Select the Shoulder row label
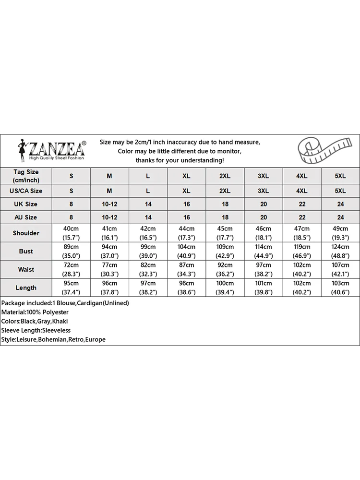[x=26, y=233]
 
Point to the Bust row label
[x=26, y=251]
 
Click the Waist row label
[x=26, y=269]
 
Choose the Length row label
[x=26, y=288]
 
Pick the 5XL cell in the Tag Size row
[x=340, y=176]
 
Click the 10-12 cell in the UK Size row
[x=109, y=204]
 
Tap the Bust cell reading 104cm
[x=186, y=247]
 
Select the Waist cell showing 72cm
[x=71, y=265]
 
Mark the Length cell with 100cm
[x=225, y=283]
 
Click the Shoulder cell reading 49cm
[x=340, y=228]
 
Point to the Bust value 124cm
[x=340, y=247]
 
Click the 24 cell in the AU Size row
[x=340, y=217]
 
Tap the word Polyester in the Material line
[x=55, y=312]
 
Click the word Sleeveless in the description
[x=56, y=330]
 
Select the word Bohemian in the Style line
[x=57, y=339]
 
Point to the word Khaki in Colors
[x=61, y=322]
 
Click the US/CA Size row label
[x=26, y=191]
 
